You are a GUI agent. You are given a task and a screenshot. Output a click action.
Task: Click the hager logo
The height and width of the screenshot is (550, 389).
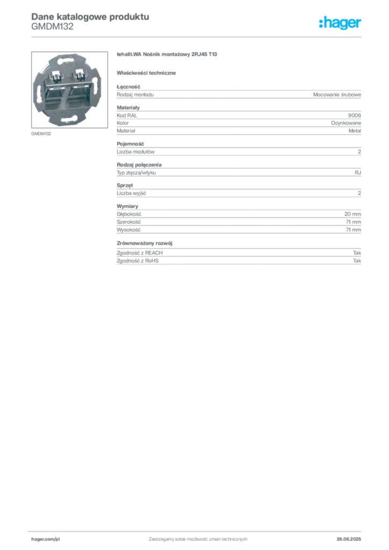point(340,23)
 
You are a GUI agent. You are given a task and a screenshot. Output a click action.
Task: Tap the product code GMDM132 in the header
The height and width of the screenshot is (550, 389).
point(52,27)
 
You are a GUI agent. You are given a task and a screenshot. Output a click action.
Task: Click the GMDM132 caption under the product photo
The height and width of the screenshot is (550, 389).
point(41,134)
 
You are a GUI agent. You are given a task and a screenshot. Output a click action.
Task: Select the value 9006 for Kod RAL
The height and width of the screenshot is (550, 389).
point(354,115)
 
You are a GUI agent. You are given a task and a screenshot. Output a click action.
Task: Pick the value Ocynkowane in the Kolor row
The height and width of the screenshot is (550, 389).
point(346,123)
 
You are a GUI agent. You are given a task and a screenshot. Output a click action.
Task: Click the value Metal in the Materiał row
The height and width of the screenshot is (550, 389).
point(355,131)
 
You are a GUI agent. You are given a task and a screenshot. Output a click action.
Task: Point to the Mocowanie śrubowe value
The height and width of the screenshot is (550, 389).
point(337,95)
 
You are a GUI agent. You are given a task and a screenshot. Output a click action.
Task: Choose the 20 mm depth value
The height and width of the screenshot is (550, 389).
point(352,214)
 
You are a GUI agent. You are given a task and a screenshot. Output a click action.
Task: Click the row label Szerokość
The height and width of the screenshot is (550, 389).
point(129,222)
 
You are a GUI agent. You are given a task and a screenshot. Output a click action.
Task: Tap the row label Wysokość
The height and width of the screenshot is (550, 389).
point(128,230)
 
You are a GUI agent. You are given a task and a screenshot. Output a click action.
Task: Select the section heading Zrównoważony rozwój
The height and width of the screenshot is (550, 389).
point(145,243)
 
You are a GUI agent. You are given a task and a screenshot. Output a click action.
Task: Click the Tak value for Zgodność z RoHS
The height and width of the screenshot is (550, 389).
point(357,260)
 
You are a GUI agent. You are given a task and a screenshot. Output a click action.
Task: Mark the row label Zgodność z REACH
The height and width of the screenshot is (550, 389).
point(140,253)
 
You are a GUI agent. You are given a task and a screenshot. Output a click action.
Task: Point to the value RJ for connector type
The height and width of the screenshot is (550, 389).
point(358,172)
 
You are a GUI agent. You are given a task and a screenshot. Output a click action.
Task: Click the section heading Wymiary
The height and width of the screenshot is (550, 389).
point(127,206)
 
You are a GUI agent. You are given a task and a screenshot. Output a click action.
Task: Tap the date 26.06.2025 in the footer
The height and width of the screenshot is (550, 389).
point(349,539)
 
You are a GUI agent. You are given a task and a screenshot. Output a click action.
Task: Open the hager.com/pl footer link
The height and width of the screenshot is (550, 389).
point(46,539)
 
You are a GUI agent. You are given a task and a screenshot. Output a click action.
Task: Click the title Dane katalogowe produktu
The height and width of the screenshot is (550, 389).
point(90,17)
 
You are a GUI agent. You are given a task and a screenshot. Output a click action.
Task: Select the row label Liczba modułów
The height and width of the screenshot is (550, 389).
point(135,152)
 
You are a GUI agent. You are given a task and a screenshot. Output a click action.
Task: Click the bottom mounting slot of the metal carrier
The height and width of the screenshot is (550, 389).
point(69,122)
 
